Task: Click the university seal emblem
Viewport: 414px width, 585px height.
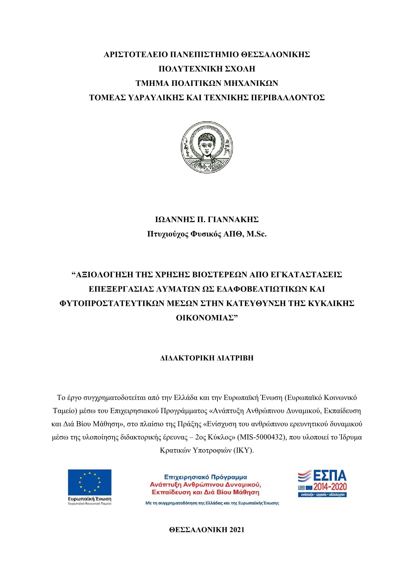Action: (207, 148)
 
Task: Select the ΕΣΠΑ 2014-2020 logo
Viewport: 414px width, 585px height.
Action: (322, 483)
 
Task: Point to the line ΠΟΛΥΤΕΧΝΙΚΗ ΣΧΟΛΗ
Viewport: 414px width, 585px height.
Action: (207, 69)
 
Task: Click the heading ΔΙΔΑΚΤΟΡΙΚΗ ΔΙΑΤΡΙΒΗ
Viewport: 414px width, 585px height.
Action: (207, 358)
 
